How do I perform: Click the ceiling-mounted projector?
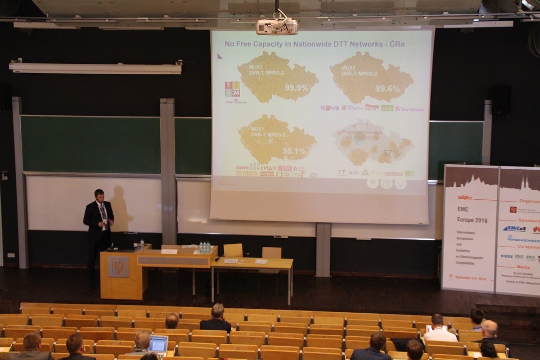coord(277,26)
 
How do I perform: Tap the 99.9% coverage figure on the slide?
coord(297,88)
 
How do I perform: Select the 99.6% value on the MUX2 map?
coord(387,89)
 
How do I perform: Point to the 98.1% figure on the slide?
coord(294,151)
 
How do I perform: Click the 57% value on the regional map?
coord(391,153)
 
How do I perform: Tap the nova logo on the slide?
coord(329,108)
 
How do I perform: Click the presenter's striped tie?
coord(103,213)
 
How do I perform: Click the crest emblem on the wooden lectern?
coord(118,266)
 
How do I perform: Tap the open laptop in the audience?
coord(158,344)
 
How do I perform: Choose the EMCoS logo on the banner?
coord(514,229)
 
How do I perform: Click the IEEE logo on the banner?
coord(507,256)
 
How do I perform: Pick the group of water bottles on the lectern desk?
coord(204,247)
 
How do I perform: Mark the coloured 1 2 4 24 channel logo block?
coord(232,89)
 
